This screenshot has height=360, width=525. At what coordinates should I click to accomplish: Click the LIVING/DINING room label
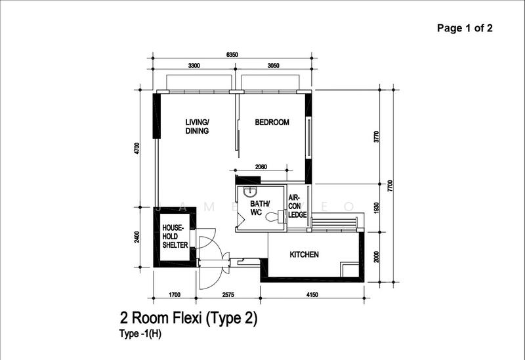coord(198,127)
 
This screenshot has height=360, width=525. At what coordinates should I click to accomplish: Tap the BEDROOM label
coord(272,122)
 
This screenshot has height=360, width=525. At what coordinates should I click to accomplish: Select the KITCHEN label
coord(304,254)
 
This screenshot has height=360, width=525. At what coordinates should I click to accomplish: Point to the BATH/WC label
coord(260,208)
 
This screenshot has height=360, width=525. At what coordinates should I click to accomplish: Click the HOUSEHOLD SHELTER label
coord(175,236)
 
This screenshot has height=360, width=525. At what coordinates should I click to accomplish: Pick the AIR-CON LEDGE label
coord(297,206)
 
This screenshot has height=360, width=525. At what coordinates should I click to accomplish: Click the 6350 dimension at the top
coord(232,55)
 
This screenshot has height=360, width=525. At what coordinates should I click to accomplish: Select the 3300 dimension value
coord(194,66)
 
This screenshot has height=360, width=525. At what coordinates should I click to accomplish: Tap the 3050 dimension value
coord(273,66)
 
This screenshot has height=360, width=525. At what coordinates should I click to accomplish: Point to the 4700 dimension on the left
coord(136,149)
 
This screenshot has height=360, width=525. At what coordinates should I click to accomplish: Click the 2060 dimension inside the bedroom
coord(261,167)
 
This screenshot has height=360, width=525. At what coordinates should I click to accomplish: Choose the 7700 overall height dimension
coord(390,186)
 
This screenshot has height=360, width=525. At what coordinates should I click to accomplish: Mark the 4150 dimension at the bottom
coord(312,295)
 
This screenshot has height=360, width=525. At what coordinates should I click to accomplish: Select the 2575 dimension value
coord(228,295)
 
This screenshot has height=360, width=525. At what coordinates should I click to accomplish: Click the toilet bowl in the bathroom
coord(274,216)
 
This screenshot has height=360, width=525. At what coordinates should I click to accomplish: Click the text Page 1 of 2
coord(465,28)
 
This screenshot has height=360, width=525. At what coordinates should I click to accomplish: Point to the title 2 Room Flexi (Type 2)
coord(189,318)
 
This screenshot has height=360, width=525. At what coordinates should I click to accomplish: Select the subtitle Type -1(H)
coord(140,334)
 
